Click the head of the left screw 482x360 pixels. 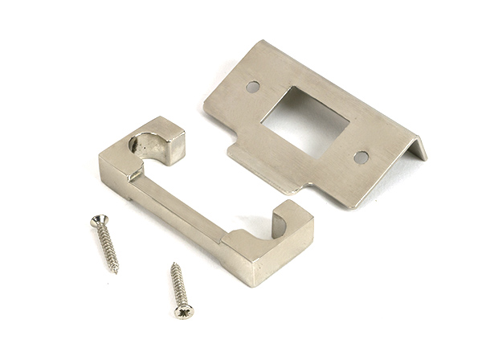point(97,219)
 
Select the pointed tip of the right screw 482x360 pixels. point(173,264)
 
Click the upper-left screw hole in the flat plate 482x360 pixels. point(253,86)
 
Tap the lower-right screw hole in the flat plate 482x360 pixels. point(361,157)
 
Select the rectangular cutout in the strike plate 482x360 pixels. point(305,121)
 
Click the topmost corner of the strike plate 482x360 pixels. point(259,42)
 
